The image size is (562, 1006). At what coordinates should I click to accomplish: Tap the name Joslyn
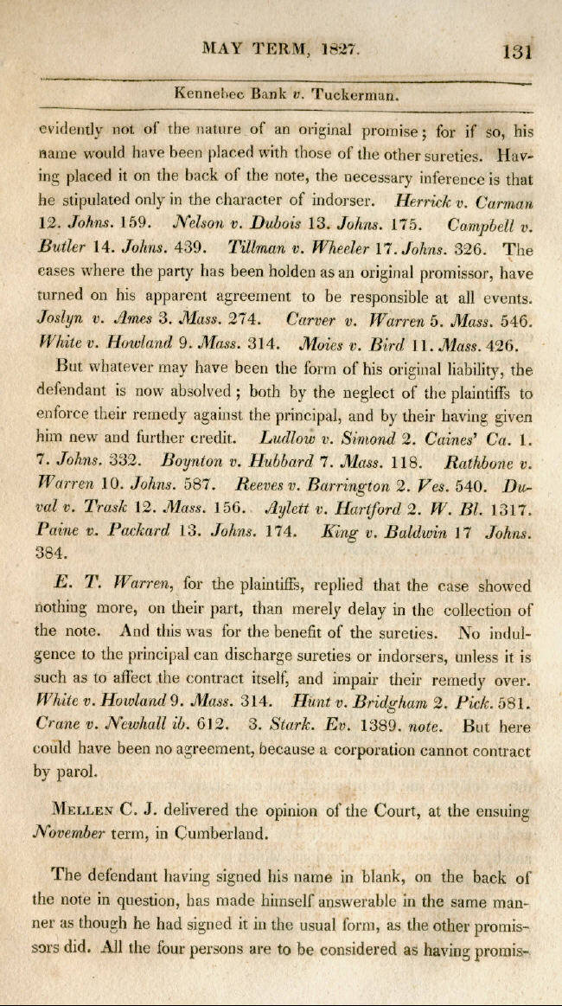(60, 317)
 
